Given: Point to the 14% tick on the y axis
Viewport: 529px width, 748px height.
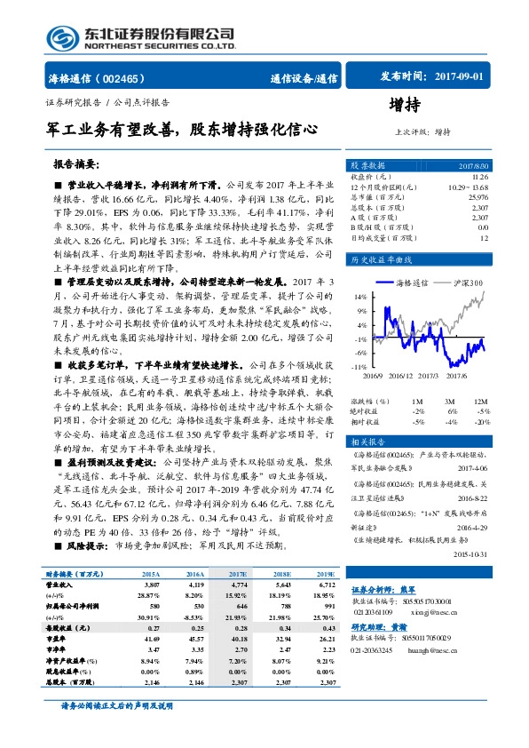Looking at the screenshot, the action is pyautogui.click(x=360, y=296).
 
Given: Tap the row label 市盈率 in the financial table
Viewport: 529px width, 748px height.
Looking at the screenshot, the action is pyautogui.click(x=57, y=638).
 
